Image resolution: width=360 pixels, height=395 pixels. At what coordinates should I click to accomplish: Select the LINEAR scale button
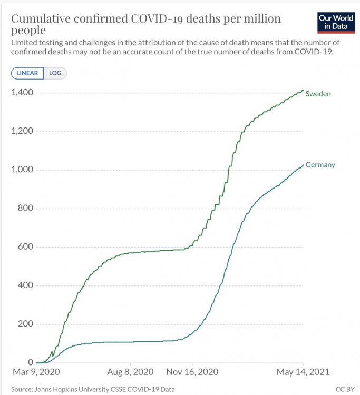coord(27,73)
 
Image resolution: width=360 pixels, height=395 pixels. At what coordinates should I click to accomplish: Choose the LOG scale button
coord(55,73)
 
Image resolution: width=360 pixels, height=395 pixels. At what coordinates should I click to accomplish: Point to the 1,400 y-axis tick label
coord(22,93)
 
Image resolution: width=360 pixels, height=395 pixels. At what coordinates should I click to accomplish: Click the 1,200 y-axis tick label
coord(22,131)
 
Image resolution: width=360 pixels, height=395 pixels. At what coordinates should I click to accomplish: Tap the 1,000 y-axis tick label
coord(22,170)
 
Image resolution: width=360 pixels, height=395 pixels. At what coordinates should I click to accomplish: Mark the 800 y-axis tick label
coord(25,208)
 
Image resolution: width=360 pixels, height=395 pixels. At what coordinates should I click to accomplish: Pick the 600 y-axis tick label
coord(25,246)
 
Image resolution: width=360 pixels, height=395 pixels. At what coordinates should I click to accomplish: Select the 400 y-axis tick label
coord(25,285)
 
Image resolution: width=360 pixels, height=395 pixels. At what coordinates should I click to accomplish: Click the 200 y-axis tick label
coord(25,323)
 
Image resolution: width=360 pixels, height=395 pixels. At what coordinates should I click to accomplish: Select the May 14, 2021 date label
coord(303,372)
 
